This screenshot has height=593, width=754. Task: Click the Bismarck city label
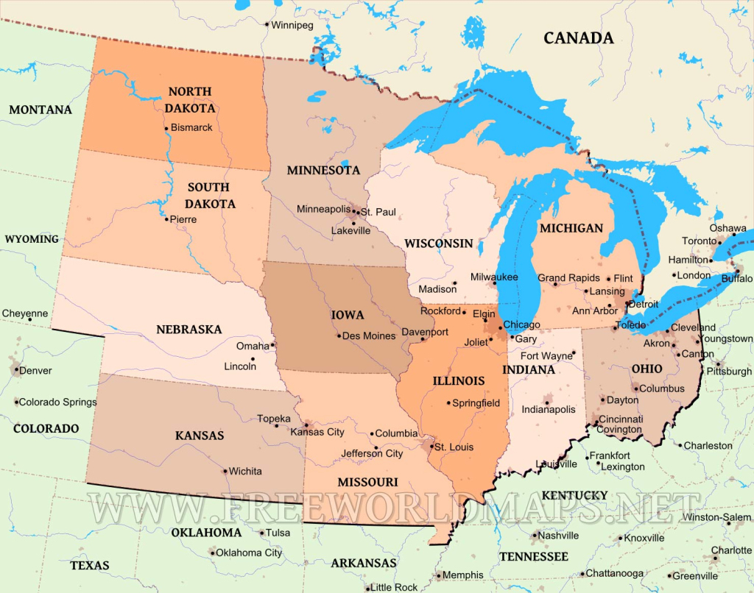[x=191, y=127]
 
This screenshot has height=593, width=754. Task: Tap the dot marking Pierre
[x=166, y=219]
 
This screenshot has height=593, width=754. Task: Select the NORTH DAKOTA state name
[x=190, y=99]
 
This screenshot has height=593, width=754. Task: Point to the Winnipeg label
[x=292, y=25]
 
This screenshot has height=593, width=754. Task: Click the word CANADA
[x=578, y=38]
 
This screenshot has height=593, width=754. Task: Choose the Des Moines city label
[x=368, y=335]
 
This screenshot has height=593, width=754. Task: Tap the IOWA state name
[x=348, y=315]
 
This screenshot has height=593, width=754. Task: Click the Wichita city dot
[x=225, y=471]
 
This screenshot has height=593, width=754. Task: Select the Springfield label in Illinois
[x=476, y=403]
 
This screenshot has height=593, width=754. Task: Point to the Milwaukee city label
[x=494, y=277]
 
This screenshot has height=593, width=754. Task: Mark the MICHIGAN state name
[x=571, y=228]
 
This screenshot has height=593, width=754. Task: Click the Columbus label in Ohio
[x=662, y=388]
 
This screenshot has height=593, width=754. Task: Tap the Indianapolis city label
[x=549, y=409]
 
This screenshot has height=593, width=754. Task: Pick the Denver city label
[x=36, y=370]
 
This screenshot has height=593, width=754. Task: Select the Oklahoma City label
[x=248, y=553]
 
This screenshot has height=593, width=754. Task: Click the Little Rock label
[x=394, y=587]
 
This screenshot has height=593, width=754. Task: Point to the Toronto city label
[x=699, y=241]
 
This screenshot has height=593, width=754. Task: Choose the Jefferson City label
[x=372, y=453]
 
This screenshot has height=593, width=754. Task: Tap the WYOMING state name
[x=32, y=239]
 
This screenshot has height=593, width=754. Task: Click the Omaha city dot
[x=272, y=344]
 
